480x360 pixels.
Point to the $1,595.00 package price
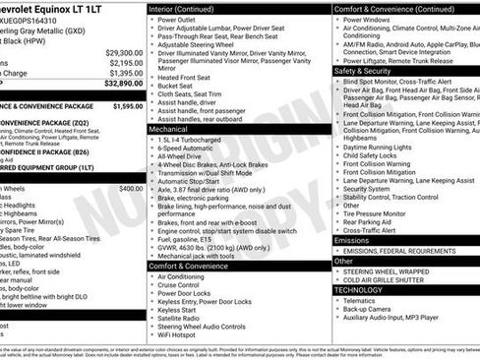[x=128, y=105]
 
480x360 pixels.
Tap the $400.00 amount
[x=131, y=188]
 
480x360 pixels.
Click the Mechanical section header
[x=168, y=129]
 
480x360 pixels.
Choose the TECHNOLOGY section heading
[x=358, y=290]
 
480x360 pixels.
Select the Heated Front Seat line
[x=187, y=77]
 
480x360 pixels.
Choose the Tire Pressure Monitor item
[x=382, y=212]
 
